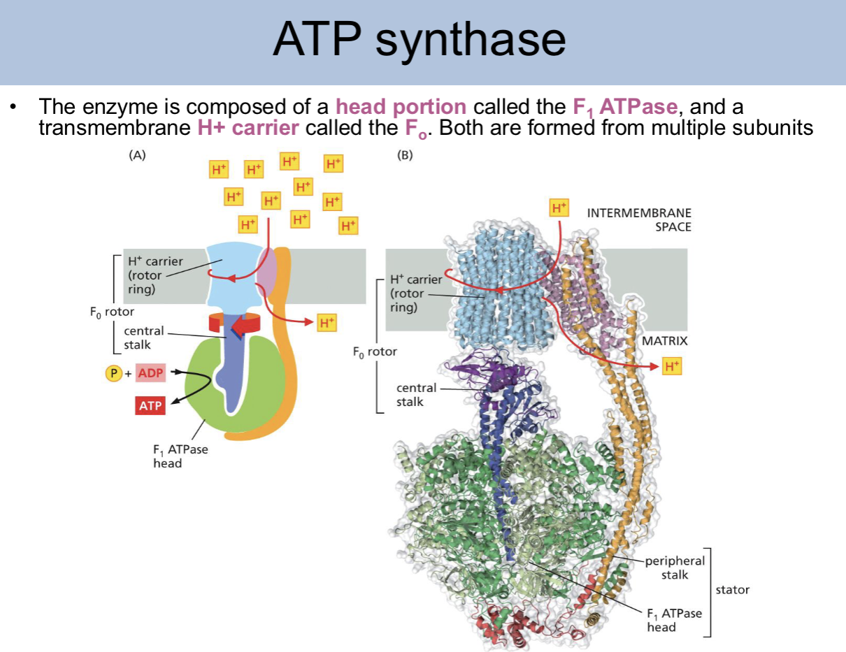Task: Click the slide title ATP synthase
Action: point(419,41)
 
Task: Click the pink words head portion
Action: point(401,107)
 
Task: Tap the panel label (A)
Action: point(138,156)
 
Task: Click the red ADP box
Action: point(150,373)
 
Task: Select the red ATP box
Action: point(150,405)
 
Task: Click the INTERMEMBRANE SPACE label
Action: point(639,220)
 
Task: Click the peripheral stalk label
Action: point(675,567)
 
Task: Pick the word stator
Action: point(732,590)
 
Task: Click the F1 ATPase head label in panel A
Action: point(180,456)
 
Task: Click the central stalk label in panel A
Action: point(143,338)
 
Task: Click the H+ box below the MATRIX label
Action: point(671,366)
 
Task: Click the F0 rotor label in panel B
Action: point(374,352)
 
